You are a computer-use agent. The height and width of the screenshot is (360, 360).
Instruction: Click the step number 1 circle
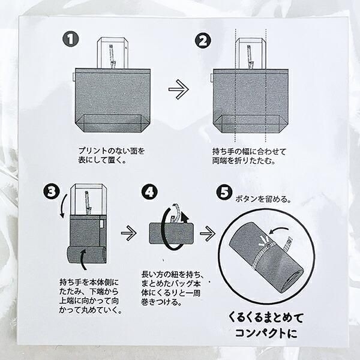click(71, 40)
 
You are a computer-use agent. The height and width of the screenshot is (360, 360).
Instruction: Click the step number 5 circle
click(224, 193)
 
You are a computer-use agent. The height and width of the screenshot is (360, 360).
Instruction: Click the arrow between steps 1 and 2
click(178, 91)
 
